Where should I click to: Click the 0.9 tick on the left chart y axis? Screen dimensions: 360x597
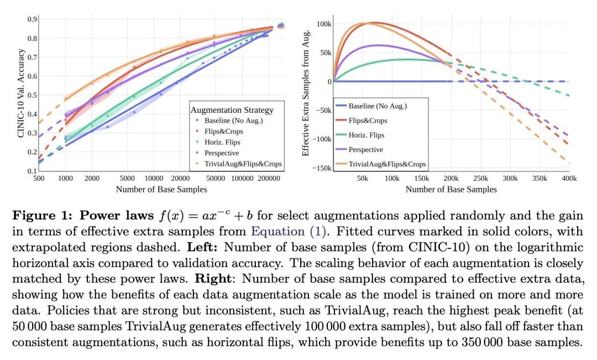[33, 19]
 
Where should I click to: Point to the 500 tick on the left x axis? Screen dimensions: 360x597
[39, 178]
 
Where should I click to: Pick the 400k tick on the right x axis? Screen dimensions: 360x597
[569, 178]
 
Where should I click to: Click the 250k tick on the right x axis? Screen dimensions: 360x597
[481, 178]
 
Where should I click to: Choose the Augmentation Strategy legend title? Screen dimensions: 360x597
[231, 110]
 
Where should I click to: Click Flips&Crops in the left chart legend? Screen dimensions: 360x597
[224, 131]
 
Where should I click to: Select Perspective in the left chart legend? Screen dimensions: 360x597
[222, 153]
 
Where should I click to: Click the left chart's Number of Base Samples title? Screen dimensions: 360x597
[161, 189]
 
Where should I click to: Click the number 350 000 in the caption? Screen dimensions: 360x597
[480, 342]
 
